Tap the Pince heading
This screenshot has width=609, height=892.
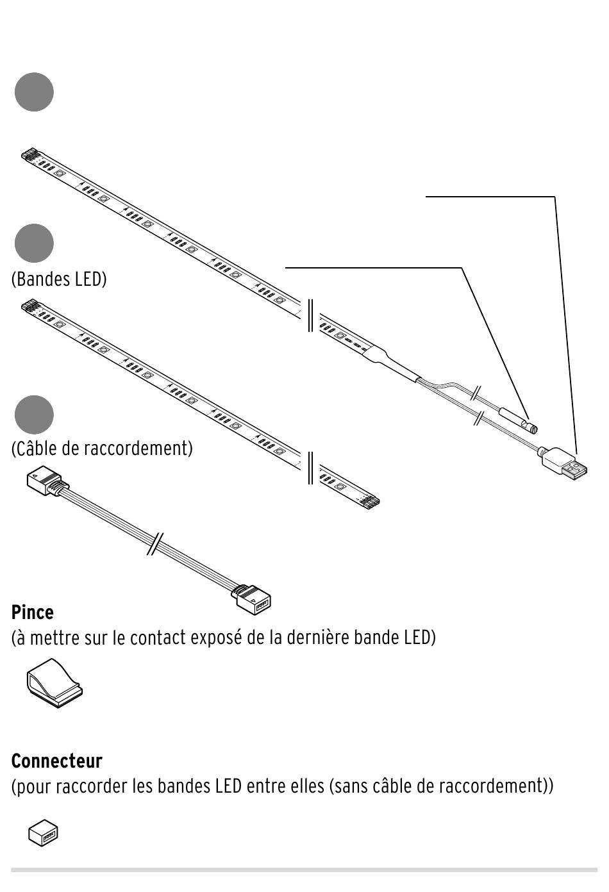[x=32, y=613]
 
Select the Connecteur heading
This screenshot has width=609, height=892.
[x=56, y=761]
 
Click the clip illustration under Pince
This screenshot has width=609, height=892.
[x=54, y=683]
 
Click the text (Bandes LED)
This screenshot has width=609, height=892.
[x=59, y=279]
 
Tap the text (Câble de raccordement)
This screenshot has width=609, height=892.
[x=102, y=449]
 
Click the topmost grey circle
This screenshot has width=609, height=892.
[x=34, y=92]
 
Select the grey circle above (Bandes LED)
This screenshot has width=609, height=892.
[x=34, y=244]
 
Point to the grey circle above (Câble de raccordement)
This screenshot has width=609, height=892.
[x=34, y=415]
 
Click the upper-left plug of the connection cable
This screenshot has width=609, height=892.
[x=46, y=481]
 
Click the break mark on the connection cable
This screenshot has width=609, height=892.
[x=155, y=543]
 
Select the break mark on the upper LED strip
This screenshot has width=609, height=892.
[x=311, y=315]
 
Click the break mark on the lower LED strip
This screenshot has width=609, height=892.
[x=311, y=468]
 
